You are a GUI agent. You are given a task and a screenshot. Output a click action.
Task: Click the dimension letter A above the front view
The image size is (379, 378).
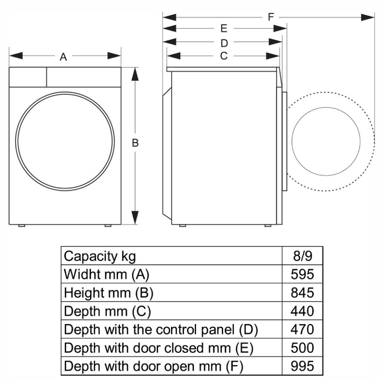63,57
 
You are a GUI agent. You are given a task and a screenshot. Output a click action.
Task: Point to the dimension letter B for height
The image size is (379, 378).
135,143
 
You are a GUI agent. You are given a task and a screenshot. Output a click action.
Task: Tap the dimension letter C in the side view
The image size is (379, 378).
224,56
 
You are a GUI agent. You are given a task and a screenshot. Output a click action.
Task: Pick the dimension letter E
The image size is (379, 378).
224,28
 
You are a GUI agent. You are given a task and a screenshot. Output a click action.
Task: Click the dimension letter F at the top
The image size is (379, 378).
271,17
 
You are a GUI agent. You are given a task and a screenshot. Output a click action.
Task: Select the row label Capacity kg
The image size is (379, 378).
100,256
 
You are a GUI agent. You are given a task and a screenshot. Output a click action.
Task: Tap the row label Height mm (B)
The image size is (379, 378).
109,293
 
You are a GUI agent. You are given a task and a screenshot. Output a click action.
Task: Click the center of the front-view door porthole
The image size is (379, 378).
65,141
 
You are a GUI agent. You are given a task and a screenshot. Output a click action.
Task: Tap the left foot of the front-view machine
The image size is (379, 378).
22,226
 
